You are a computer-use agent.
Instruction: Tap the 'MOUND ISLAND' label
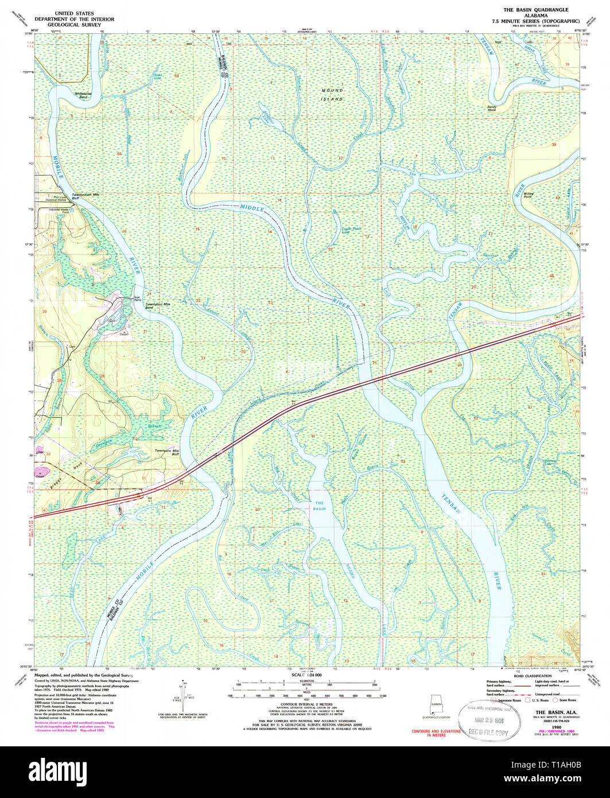(332, 95)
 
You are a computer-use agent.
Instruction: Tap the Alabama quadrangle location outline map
(436, 703)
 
